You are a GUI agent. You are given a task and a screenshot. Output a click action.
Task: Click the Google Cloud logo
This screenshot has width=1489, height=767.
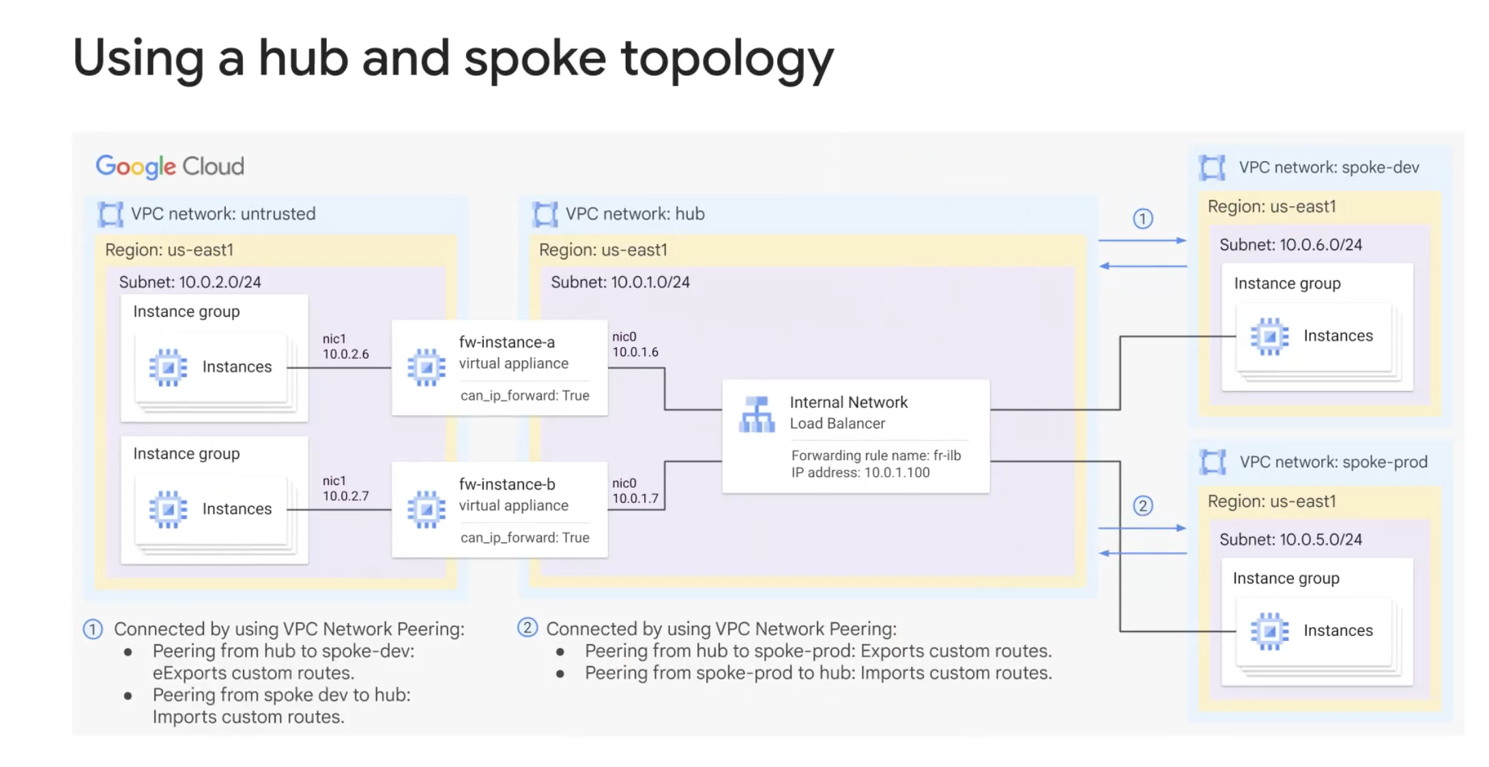tap(170, 167)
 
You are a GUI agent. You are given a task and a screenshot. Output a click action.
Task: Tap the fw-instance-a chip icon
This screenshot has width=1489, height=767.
tap(427, 368)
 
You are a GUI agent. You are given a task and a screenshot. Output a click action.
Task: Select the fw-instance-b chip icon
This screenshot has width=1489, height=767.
tap(427, 510)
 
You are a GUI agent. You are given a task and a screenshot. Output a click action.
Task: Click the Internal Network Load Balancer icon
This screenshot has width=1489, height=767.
tap(757, 414)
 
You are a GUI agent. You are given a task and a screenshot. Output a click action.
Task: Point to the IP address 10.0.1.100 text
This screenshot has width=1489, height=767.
tap(861, 472)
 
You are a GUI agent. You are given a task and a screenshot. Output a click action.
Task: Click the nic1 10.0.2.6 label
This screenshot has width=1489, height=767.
tap(345, 347)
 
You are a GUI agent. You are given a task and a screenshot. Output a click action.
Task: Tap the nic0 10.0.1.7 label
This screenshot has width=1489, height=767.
tap(635, 491)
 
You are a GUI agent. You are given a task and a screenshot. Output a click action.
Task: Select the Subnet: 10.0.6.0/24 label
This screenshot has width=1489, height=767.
tap(1290, 245)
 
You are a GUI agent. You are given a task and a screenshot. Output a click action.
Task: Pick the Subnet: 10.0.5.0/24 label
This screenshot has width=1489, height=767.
tap(1290, 540)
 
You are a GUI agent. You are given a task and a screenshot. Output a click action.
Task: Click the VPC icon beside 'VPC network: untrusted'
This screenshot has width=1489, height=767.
tap(111, 214)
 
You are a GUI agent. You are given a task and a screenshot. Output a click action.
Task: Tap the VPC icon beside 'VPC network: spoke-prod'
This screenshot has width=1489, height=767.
tap(1213, 462)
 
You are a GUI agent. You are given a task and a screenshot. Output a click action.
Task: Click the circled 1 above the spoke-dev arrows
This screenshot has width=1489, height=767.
tap(1143, 219)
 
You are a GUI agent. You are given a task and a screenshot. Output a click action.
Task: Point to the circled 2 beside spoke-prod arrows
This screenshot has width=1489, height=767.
tap(1143, 506)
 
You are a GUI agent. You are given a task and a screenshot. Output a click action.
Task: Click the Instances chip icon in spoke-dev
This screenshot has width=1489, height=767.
tap(1269, 336)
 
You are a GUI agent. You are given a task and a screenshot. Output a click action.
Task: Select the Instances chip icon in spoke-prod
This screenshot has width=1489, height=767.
tap(1269, 631)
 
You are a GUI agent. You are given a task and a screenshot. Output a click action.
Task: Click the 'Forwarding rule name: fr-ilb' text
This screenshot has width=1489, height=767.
tap(876, 455)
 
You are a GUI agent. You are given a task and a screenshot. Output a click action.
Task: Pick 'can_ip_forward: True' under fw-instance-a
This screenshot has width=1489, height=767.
tap(525, 396)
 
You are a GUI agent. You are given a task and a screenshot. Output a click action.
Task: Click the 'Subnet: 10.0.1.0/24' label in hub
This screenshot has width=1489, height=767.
tap(620, 283)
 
